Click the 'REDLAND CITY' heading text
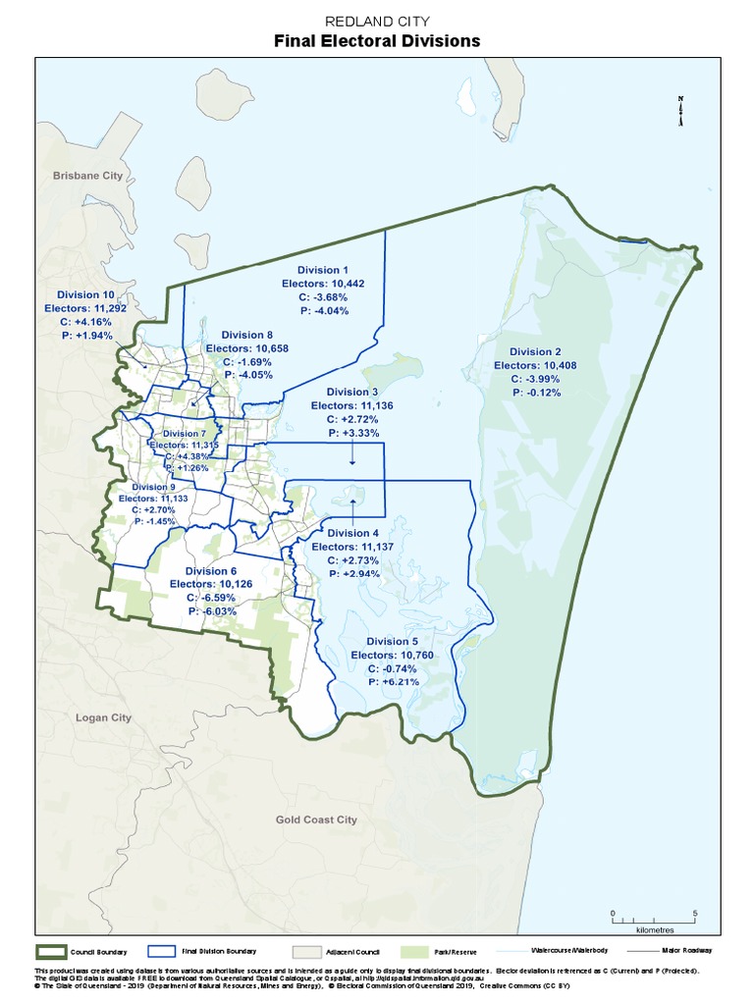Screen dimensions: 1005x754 376,21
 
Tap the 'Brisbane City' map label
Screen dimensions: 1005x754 87,175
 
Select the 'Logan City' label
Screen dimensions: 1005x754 103,717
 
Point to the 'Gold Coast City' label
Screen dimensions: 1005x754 316,820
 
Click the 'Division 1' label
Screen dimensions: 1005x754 323,270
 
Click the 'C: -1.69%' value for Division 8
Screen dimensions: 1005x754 242,361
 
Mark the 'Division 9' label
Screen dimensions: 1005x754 153,487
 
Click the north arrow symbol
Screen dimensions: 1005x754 679,111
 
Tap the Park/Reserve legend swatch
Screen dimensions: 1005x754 416,951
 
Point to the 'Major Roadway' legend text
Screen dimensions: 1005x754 685,951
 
